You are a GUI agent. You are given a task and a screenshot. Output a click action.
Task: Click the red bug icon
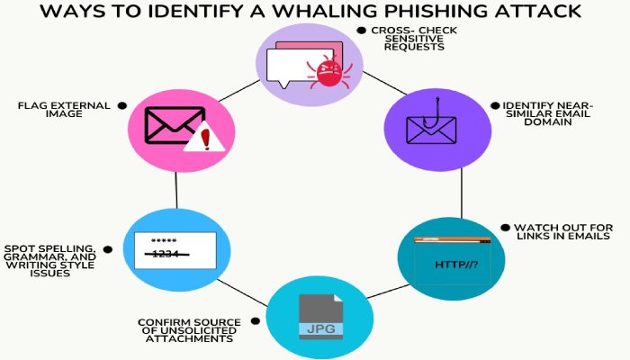pyautogui.click(x=330, y=69)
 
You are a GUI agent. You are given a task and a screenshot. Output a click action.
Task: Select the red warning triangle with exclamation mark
pyautogui.click(x=202, y=138)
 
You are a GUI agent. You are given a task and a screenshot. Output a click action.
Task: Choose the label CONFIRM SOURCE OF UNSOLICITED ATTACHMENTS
pyautogui.click(x=188, y=330)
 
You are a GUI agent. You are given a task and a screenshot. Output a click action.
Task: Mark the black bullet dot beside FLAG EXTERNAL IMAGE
pyautogui.click(x=121, y=105)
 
